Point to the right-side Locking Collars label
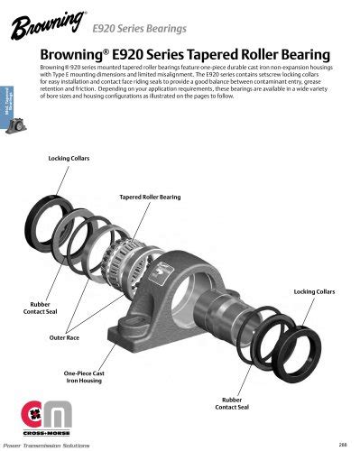(315, 293)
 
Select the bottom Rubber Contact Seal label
(233, 402)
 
